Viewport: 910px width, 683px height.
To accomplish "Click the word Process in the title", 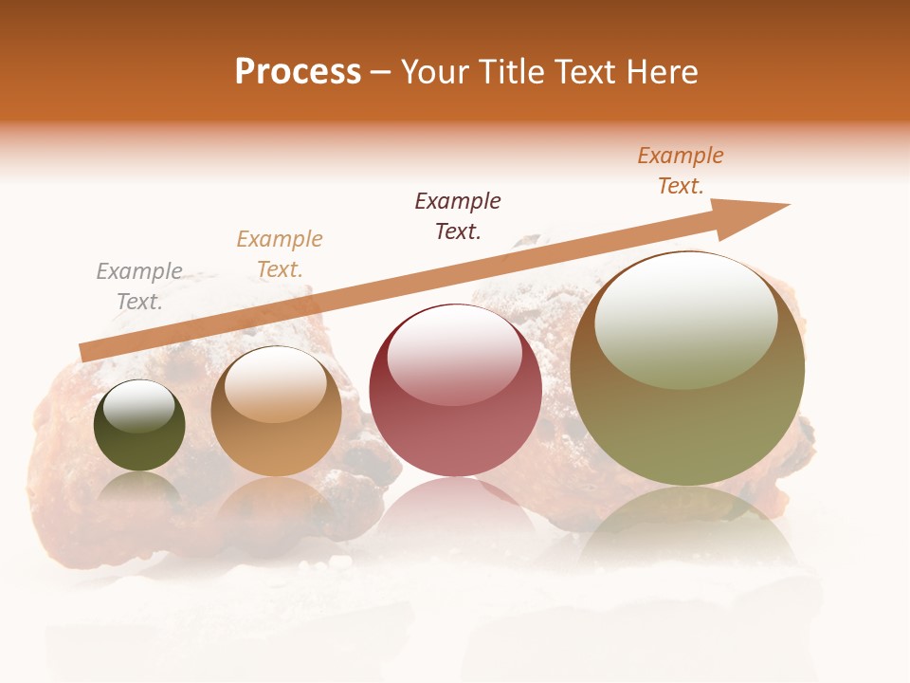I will point(298,72).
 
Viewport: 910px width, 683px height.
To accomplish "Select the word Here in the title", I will point(661,72).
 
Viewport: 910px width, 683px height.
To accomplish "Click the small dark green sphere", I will point(139,427).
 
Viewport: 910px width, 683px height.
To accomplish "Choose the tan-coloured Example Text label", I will point(280,254).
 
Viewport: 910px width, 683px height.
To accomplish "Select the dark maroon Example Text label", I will point(458,215).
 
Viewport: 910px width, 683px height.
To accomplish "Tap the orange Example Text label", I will point(681,171).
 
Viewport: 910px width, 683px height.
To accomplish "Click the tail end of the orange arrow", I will point(87,352).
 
